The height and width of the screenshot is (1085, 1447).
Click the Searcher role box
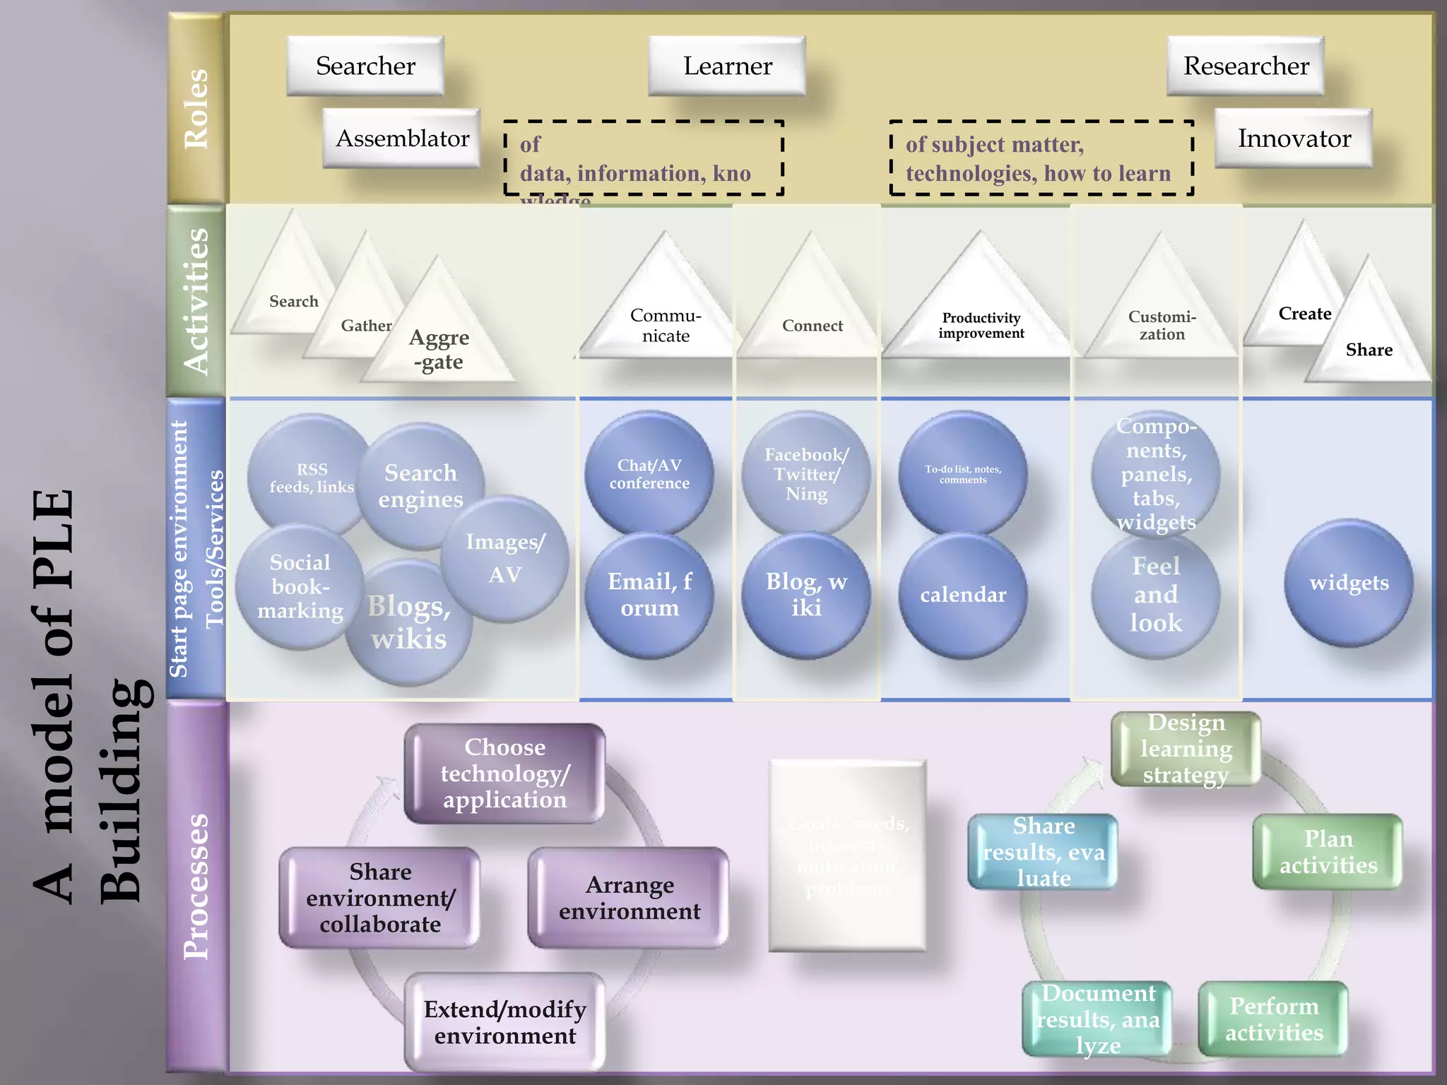tap(365, 66)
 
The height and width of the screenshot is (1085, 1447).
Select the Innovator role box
tap(1294, 138)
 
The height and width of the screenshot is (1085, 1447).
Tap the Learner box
tap(727, 66)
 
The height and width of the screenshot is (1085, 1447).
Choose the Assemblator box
tap(402, 138)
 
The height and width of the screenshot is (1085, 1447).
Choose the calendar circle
tap(963, 595)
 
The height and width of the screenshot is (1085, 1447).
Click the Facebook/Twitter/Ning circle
tap(806, 473)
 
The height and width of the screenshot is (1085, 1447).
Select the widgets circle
tap(1349, 583)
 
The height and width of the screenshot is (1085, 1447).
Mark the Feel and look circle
tap(1156, 595)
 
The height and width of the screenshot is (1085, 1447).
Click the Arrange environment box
tap(629, 898)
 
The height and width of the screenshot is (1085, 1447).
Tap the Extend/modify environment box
tap(504, 1021)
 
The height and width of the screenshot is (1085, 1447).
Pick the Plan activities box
tap(1328, 852)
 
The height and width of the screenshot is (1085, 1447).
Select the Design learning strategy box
tap(1186, 749)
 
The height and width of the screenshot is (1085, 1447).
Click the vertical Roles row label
tap(196, 109)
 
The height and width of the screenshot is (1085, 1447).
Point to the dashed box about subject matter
tap(1041, 158)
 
